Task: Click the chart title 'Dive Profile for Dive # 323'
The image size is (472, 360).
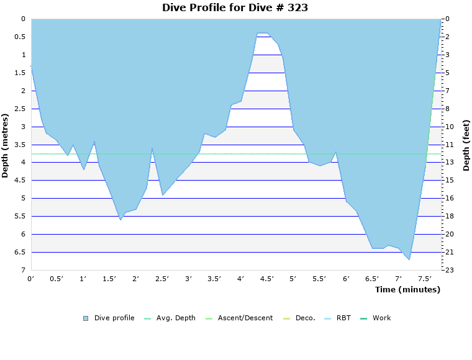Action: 235,7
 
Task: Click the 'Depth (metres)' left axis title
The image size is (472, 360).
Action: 6,145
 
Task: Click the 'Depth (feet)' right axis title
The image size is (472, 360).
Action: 466,145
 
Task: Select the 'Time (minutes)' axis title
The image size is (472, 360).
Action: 407,289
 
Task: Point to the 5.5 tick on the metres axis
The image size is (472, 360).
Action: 19,216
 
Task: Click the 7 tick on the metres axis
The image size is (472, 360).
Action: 22,270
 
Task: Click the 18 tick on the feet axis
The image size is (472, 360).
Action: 450,216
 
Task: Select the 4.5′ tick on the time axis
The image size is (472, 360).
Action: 267,279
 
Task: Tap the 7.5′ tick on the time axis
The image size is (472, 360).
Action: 425,279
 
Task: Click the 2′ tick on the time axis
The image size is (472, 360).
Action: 135,279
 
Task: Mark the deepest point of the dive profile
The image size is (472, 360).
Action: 409,259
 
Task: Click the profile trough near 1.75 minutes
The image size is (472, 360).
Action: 120,220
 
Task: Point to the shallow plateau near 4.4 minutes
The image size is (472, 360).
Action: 262,33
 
